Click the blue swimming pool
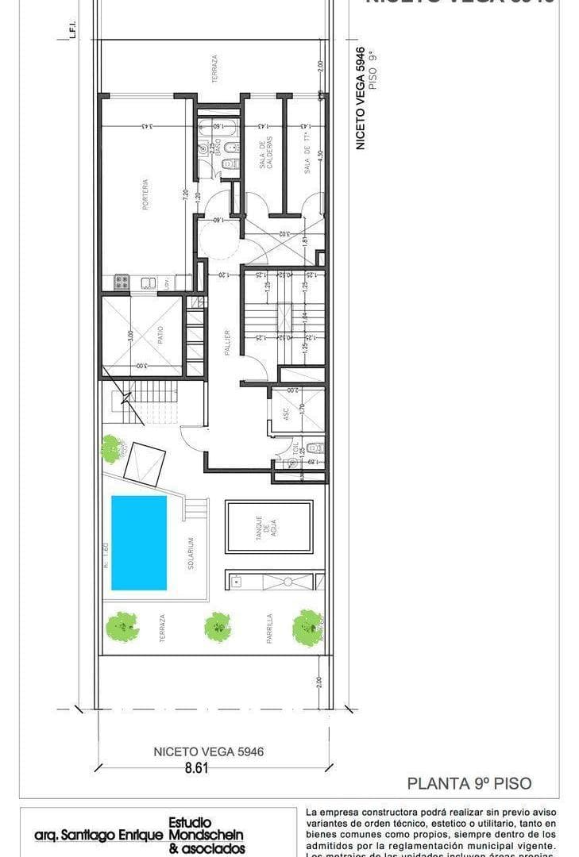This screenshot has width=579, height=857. (x=139, y=543)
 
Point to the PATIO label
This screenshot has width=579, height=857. (x=160, y=336)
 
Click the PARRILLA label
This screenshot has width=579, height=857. (x=270, y=627)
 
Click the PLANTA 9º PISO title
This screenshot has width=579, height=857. (x=469, y=783)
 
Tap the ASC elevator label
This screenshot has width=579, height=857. (x=284, y=413)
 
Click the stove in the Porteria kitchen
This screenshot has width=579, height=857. (x=122, y=281)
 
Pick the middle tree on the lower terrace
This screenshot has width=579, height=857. (x=218, y=627)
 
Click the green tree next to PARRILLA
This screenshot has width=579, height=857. (x=307, y=627)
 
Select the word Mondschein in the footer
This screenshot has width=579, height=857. (x=207, y=835)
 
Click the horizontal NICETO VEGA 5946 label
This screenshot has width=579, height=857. (x=208, y=751)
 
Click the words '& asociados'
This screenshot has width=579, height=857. (x=207, y=848)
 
